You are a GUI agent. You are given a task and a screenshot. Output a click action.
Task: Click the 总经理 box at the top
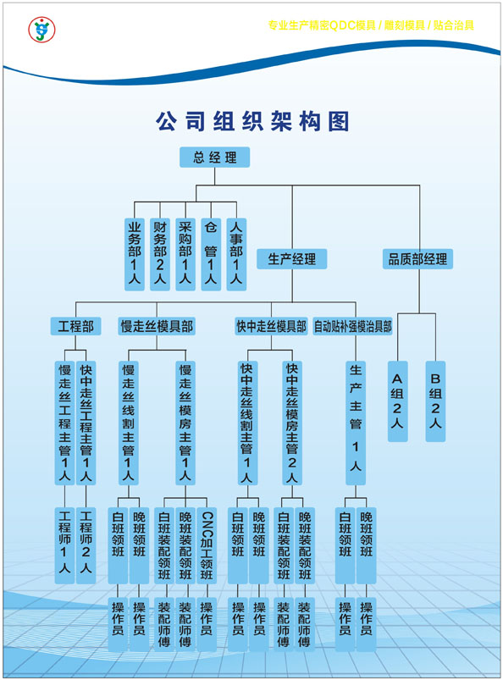[214, 157]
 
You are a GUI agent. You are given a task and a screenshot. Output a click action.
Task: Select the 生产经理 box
[292, 259]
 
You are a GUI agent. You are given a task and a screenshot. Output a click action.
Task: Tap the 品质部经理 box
[417, 259]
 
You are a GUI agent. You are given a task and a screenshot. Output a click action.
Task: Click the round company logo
[41, 30]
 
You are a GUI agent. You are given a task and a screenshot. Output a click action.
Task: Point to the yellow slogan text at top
[371, 25]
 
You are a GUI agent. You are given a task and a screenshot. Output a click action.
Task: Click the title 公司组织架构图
[253, 120]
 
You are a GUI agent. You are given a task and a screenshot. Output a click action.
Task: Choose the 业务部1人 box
[135, 254]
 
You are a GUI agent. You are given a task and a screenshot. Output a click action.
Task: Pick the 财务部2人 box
[160, 254]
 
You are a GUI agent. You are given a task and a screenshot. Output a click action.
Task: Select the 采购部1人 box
[185, 254]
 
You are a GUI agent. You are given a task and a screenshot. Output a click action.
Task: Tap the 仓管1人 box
[211, 254]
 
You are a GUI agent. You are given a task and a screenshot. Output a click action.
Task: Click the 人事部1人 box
[236, 254]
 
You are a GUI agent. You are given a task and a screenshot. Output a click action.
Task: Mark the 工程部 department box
[76, 326]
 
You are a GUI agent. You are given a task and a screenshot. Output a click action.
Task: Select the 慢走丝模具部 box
[157, 326]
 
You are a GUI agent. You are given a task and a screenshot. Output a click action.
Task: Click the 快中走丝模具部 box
[271, 326]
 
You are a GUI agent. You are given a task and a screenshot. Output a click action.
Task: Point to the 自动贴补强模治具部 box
[352, 326]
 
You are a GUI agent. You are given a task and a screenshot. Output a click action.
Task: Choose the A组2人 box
[398, 401]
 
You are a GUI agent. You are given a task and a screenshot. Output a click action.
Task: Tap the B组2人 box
[435, 401]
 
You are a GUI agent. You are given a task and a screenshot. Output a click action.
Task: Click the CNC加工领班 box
[207, 545]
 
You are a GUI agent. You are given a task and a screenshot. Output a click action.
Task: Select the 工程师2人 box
[86, 545]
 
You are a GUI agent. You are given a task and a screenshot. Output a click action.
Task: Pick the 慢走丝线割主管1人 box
[129, 423]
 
